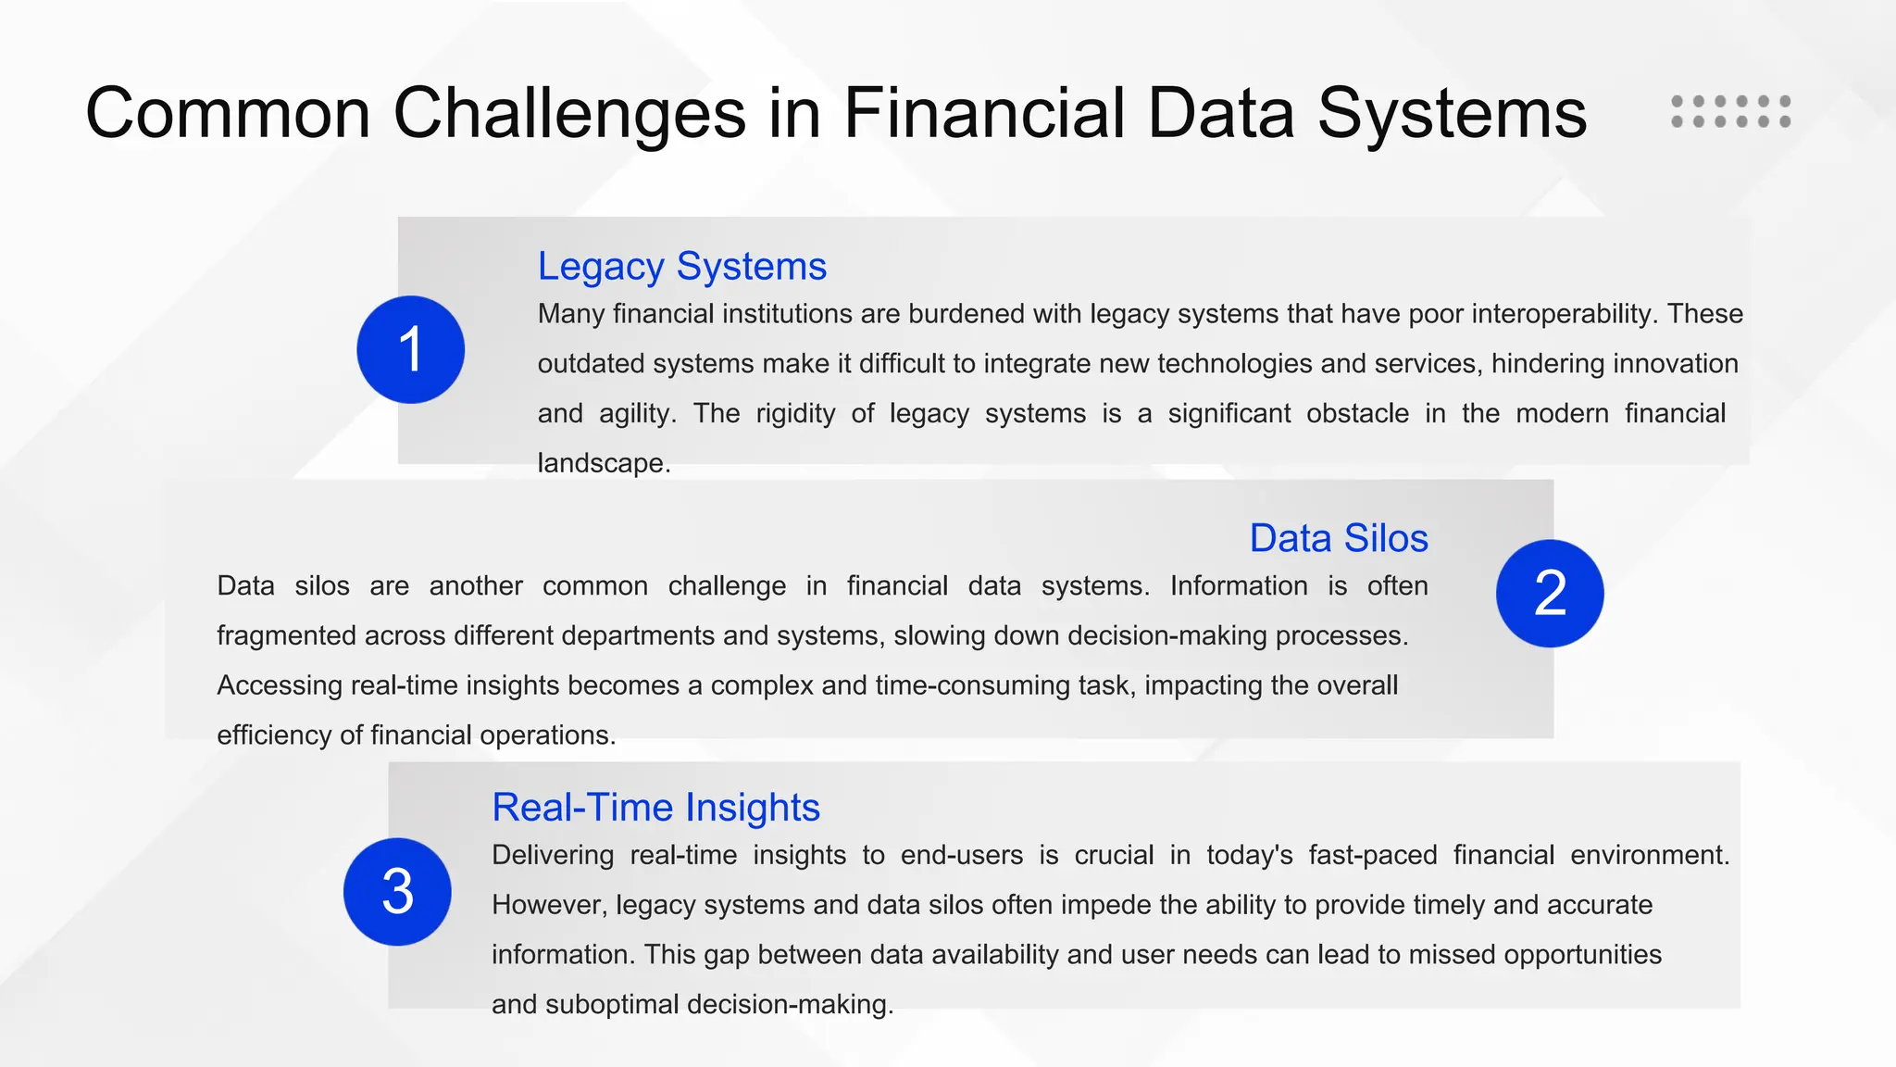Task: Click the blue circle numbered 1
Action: (x=410, y=349)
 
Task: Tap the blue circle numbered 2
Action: (x=1549, y=593)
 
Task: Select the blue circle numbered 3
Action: (x=397, y=891)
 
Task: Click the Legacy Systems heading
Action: (x=681, y=267)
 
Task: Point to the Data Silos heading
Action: (x=1338, y=538)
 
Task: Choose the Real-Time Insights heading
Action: (x=655, y=808)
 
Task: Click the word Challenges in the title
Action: (x=569, y=114)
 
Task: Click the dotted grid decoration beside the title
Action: (x=1730, y=111)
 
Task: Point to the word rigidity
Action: (x=795, y=413)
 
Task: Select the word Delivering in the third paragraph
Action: (x=552, y=855)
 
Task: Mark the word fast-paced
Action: (x=1372, y=855)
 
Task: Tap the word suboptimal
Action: (x=612, y=1005)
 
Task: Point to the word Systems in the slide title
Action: (x=1452, y=114)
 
